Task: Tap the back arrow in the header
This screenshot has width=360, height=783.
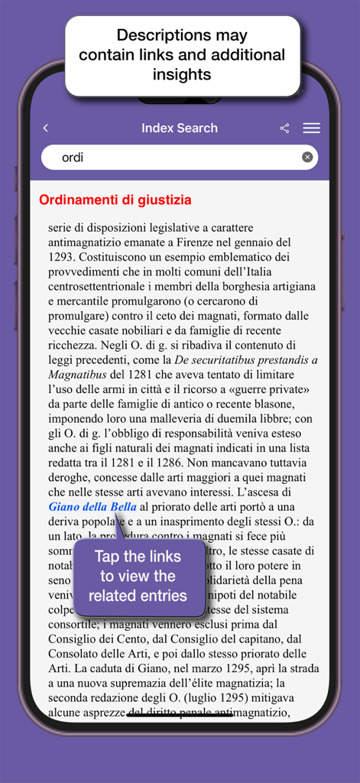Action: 46,128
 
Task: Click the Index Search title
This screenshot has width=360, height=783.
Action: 180,128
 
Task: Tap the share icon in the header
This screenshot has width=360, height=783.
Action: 284,128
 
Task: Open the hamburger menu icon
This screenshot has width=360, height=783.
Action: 311,128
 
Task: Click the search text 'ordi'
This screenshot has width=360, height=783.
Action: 72,158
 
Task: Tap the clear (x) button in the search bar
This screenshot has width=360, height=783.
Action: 307,158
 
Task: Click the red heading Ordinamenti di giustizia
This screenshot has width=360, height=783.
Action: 115,200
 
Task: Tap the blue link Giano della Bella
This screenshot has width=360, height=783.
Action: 92,507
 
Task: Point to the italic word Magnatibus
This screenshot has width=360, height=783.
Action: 76,375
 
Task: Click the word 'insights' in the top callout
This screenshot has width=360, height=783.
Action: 182,74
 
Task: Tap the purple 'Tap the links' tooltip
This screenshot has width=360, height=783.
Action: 140,576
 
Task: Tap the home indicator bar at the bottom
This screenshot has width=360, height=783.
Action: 180,716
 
